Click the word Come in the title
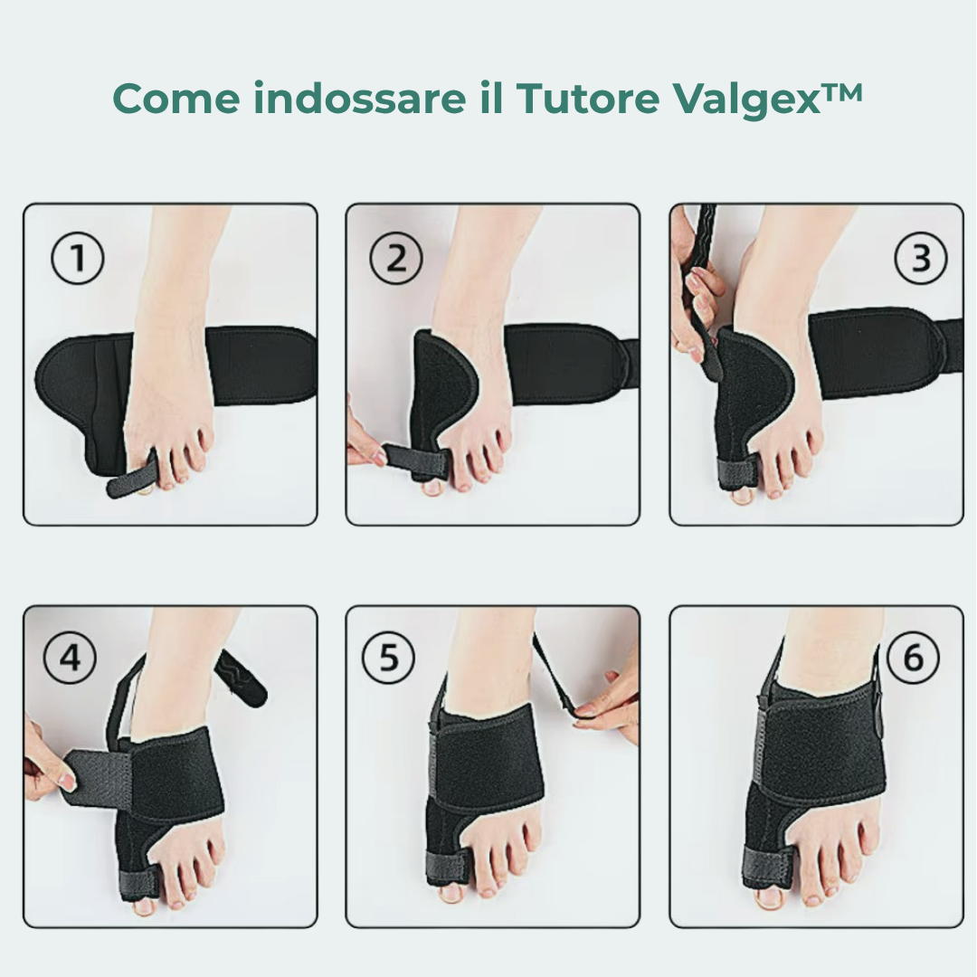176,98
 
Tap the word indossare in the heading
360,98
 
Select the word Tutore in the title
588,98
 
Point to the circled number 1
77,258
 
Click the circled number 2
395,258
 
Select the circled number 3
921,258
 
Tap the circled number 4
70,658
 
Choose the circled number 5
388,658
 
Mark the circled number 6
913,658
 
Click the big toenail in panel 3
742,496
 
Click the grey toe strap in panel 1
131,474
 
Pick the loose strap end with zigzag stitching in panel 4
241,679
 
